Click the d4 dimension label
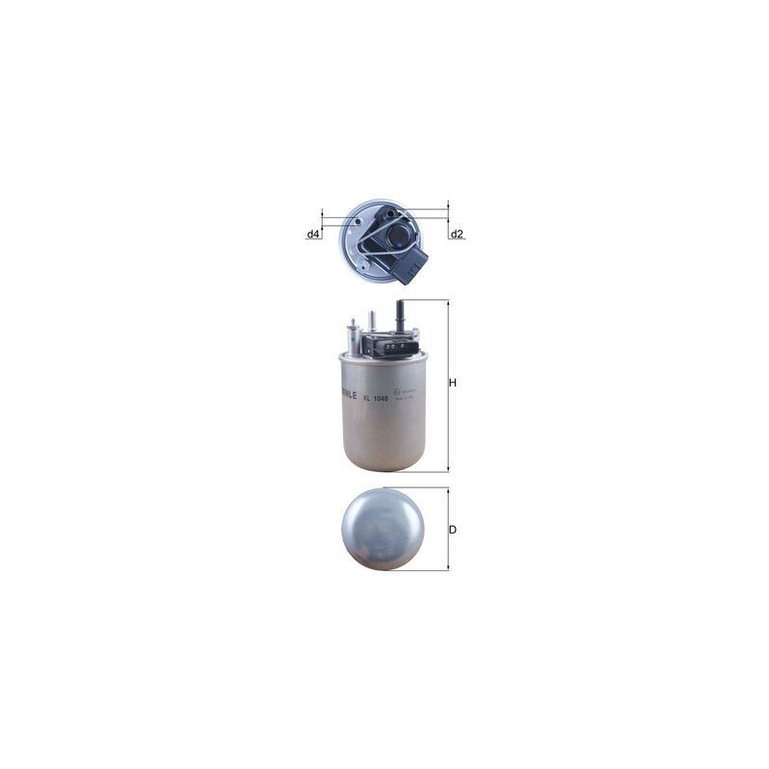coord(313,235)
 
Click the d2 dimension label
coord(457,235)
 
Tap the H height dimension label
coord(452,383)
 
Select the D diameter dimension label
coord(452,530)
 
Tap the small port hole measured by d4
coord(358,222)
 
